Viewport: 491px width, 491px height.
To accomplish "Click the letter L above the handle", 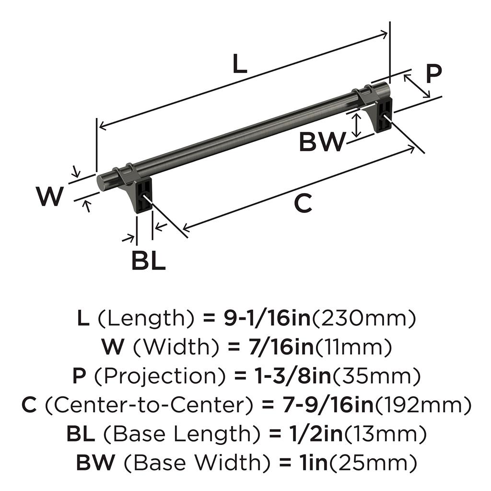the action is [240, 64].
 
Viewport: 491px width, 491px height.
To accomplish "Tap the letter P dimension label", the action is [433, 74].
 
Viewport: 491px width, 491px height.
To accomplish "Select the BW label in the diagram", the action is [323, 141].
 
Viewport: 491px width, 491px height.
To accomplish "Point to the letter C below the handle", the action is [303, 203].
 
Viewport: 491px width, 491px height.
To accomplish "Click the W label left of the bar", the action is [50, 196].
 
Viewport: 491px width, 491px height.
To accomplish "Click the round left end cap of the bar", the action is [102, 182].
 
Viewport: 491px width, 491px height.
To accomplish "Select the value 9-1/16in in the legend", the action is [267, 318].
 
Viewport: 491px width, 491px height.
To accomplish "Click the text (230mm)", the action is [364, 318].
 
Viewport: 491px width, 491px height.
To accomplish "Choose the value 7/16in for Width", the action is [281, 347].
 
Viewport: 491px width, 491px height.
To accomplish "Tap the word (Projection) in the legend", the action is [160, 376].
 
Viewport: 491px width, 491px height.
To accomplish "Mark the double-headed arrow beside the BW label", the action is [356, 125].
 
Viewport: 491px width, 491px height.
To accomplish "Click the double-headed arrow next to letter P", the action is [417, 86].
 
